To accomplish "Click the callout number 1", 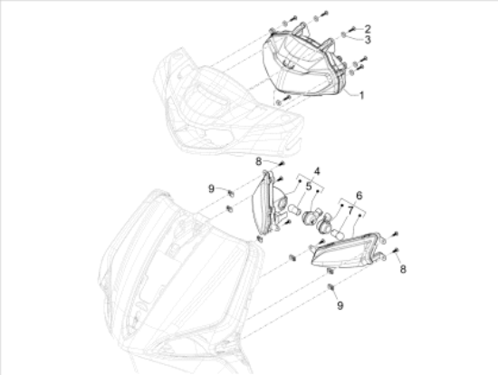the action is (x=361, y=95).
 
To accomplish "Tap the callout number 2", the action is (x=368, y=29).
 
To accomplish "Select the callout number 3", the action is (x=368, y=40).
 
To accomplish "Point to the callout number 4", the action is (x=317, y=171).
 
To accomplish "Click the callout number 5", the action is (x=309, y=187).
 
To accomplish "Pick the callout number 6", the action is (x=359, y=196).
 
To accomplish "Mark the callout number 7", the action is (x=350, y=210).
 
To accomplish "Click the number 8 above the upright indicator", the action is (x=259, y=161).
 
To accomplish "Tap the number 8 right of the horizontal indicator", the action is (x=403, y=269).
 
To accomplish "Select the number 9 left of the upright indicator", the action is (x=211, y=188).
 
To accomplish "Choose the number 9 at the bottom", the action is (x=340, y=305).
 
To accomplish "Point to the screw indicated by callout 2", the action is (x=351, y=30).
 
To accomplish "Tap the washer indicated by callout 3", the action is (x=344, y=34).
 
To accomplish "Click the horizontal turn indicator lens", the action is (x=346, y=250).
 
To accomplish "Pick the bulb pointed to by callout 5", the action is (x=292, y=209).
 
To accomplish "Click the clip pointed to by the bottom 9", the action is (x=331, y=287).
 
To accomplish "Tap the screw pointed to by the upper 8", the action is (x=282, y=164).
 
